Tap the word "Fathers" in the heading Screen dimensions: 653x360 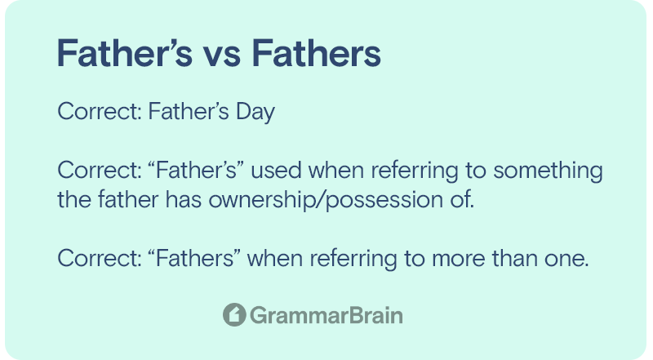point(317,53)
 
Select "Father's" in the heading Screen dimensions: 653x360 point(125,53)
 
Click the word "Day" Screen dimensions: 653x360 point(255,112)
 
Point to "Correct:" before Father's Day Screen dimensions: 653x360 point(100,111)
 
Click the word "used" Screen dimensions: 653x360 point(276,171)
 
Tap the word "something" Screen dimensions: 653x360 point(548,171)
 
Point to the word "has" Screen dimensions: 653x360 point(183,199)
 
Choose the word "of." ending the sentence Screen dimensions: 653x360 point(462,199)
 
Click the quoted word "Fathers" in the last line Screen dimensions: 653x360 point(194,258)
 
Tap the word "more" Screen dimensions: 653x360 point(459,259)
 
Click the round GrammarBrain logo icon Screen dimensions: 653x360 point(234,314)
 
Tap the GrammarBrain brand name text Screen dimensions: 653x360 point(326,315)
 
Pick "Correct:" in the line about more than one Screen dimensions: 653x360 point(100,258)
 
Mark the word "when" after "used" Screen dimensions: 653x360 point(335,171)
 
